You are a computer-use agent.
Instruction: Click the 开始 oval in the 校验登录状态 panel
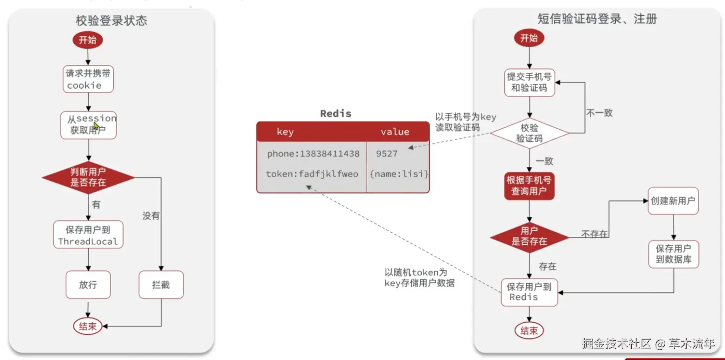pos(87,40)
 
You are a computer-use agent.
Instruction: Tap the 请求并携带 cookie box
pos(88,79)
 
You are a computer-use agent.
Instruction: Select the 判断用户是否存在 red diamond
pos(88,177)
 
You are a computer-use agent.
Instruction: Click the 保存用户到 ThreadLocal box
pos(88,235)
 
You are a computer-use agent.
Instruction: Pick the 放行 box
pos(88,284)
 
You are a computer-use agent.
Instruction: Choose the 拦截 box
pos(161,284)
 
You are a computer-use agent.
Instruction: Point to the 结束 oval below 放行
pos(87,326)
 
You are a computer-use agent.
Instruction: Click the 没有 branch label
pos(151,216)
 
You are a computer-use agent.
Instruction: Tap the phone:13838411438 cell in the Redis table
pos(313,154)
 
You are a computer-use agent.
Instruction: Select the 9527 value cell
pos(387,154)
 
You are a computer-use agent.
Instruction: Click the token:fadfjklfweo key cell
pos(312,174)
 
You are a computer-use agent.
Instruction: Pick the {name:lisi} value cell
pos(398,174)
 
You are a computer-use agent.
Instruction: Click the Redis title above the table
pos(335,113)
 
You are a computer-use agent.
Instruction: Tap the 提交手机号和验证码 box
pos(529,83)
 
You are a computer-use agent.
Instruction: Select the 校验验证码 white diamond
pos(529,133)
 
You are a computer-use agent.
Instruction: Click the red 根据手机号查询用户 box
pos(529,186)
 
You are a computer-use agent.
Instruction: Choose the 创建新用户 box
pos(673,201)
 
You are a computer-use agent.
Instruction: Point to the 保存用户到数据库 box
pos(673,254)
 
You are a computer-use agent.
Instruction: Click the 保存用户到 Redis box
pos(529,292)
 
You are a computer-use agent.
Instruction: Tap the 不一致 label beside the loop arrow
pos(599,113)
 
